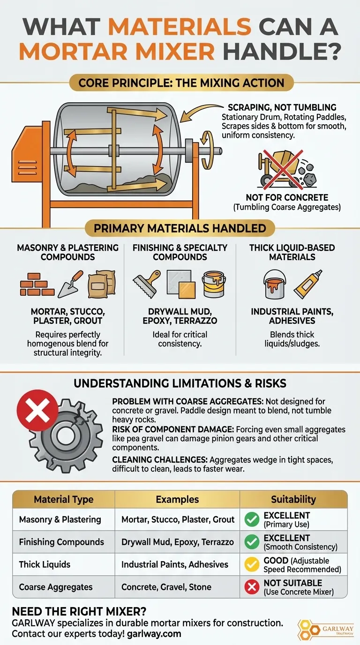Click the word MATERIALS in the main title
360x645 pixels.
[180, 27]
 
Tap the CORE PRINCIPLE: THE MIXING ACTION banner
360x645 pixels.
[181, 83]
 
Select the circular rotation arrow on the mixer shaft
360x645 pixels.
[208, 150]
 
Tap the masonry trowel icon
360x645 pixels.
[71, 284]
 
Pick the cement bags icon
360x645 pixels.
[102, 284]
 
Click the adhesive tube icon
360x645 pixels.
[308, 284]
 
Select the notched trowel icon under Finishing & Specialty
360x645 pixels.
[147, 283]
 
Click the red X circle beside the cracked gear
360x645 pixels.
[37, 410]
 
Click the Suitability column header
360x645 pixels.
[293, 499]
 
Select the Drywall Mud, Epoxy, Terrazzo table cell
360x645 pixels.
[177, 542]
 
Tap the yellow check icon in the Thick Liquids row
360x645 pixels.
[252, 564]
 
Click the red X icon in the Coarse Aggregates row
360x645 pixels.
[252, 587]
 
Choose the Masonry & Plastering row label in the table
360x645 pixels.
[60, 519]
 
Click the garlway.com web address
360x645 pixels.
[154, 634]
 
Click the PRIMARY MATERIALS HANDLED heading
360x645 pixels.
[180, 228]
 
